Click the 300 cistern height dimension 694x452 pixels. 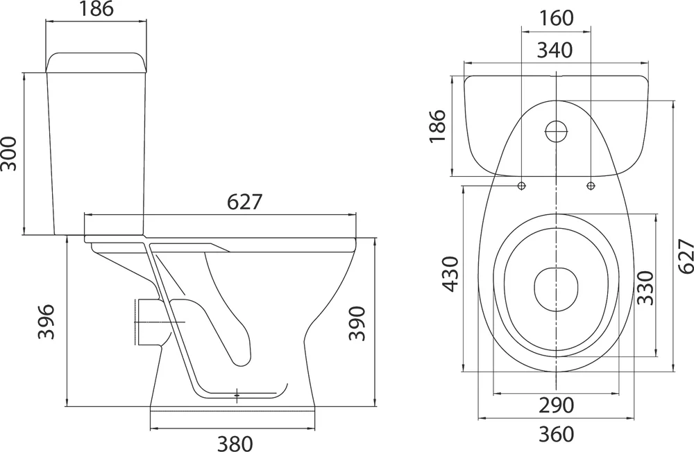(x=9, y=153)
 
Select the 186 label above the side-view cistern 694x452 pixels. (x=96, y=9)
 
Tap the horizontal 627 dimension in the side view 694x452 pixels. (x=245, y=202)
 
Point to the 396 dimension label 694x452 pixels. (x=46, y=322)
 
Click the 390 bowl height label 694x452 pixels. (x=357, y=323)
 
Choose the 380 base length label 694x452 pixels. (x=235, y=443)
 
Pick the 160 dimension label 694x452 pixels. (x=557, y=18)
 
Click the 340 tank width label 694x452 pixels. (x=555, y=51)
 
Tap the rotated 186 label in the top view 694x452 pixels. (x=437, y=126)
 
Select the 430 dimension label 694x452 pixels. (x=452, y=274)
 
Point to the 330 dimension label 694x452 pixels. (x=645, y=288)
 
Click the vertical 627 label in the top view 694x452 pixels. (x=686, y=256)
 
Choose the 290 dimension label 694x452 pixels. (x=557, y=405)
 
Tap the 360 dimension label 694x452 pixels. (x=557, y=434)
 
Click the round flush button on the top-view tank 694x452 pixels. (x=555, y=131)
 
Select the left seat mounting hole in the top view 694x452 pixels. (x=522, y=186)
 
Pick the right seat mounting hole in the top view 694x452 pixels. (x=591, y=186)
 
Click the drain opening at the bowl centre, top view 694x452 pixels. (x=556, y=289)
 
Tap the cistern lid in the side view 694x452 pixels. (x=96, y=62)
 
